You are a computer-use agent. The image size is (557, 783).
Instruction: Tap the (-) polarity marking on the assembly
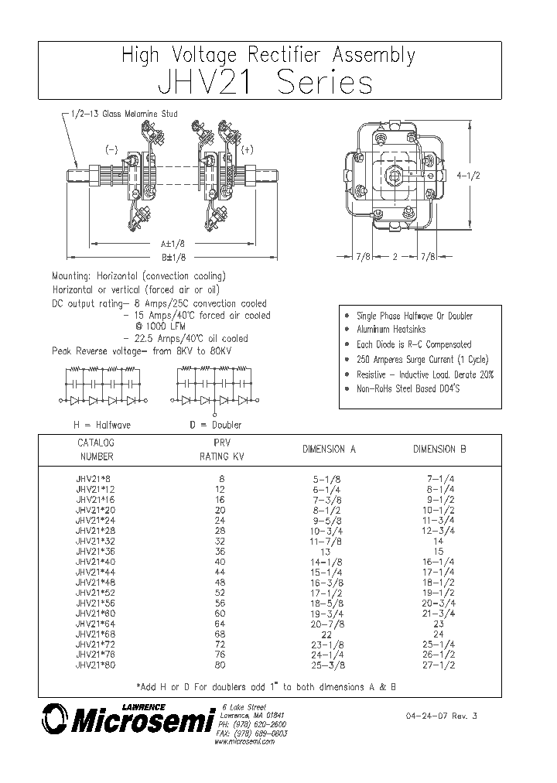111,149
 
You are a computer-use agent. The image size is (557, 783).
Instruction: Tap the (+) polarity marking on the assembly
248,149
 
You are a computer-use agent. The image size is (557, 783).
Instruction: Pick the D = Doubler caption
216,425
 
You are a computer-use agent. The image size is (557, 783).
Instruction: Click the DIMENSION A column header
329,450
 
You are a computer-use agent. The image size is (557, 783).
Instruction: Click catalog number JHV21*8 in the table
93,480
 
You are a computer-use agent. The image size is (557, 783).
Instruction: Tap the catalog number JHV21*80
95,664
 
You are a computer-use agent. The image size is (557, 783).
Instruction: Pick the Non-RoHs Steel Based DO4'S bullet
408,389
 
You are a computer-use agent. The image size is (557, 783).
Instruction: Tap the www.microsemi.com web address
244,741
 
